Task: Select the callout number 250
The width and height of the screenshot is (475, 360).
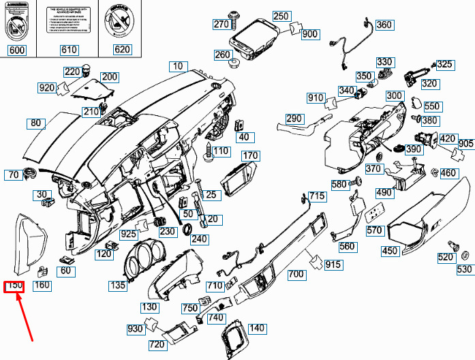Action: click(x=281, y=16)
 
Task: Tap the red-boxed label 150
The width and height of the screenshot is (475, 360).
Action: click(x=14, y=286)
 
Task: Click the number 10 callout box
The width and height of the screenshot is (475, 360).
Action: click(x=178, y=66)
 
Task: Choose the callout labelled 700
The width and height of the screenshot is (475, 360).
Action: click(x=296, y=275)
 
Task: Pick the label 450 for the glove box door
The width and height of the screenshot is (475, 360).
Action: click(x=390, y=251)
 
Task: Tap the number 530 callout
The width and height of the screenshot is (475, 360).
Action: click(x=464, y=270)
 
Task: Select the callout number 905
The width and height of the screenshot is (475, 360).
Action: click(x=465, y=144)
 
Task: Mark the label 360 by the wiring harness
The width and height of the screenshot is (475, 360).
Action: click(x=384, y=25)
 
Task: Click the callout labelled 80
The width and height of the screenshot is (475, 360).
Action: click(x=36, y=123)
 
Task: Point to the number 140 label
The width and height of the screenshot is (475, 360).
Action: click(x=256, y=329)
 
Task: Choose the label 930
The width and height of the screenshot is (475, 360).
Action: click(x=134, y=329)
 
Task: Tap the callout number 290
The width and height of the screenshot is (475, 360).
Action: click(x=294, y=119)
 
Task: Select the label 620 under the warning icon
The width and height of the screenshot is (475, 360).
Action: click(x=122, y=50)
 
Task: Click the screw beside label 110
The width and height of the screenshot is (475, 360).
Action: click(x=209, y=153)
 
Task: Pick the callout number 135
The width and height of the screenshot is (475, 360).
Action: click(x=118, y=286)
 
